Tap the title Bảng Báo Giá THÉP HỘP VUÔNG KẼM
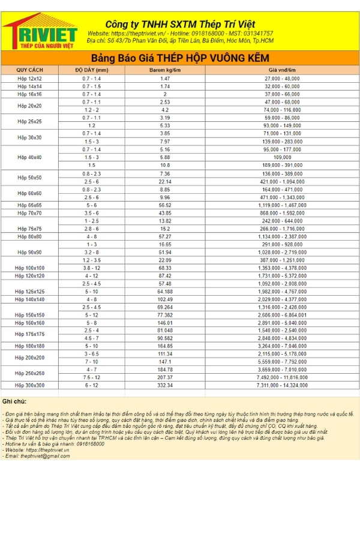[x=180, y=58]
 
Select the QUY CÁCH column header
[x=29, y=70]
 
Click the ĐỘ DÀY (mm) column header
[x=92, y=70]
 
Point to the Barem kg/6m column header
[x=165, y=70]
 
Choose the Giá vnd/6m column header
[x=281, y=70]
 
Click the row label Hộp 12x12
[x=29, y=79]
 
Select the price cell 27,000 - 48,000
[x=281, y=79]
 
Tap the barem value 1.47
[x=165, y=79]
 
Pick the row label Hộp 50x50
[x=29, y=178]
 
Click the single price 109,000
[x=281, y=157]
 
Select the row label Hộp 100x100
[x=29, y=268]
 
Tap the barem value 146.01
[x=165, y=322]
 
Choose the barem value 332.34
[x=165, y=385]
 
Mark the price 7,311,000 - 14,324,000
[x=281, y=385]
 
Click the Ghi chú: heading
[x=14, y=401]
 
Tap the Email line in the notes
[x=37, y=455]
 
